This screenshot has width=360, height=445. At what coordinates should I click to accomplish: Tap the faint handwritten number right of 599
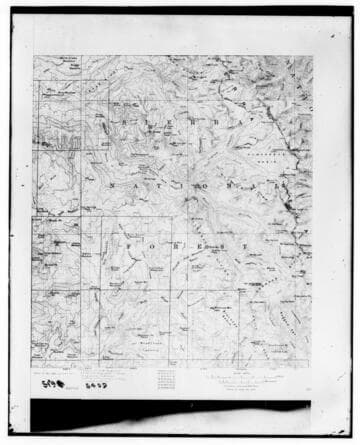click(x=97, y=381)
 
